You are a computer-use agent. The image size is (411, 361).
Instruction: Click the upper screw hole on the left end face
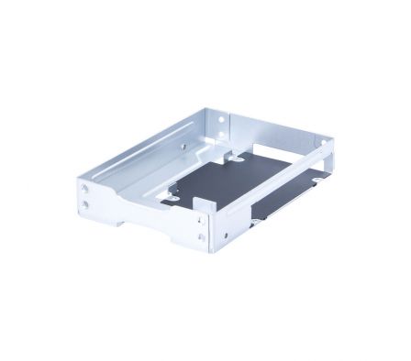tap(85, 188)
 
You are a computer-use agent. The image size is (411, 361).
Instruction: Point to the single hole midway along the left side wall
tap(183, 145)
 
